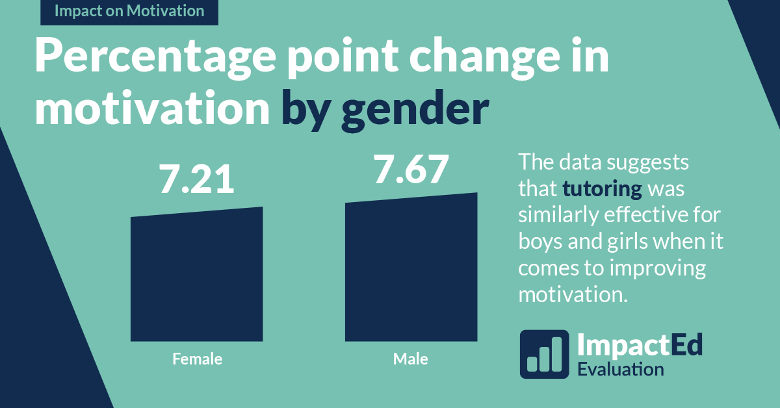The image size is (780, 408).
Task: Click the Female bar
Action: (196, 276)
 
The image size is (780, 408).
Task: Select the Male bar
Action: (411, 270)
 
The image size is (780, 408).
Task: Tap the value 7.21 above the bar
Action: (197, 181)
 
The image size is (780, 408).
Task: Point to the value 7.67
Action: (411, 170)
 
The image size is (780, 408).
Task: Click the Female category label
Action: (197, 359)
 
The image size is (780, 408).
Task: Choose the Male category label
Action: (411, 359)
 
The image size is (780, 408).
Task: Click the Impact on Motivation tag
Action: (129, 12)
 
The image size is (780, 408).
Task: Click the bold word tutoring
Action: (603, 189)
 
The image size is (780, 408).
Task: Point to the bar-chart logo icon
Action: (544, 354)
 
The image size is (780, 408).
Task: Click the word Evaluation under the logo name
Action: (620, 369)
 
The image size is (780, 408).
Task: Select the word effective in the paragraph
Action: (647, 215)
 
